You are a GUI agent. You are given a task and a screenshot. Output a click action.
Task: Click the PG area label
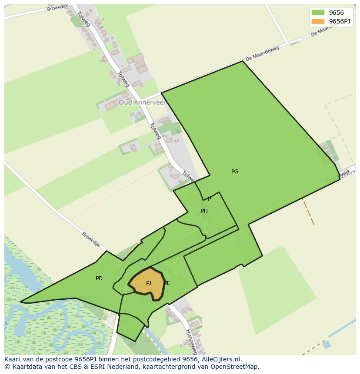pos(235,172)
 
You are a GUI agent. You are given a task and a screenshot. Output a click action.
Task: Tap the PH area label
pos(204,211)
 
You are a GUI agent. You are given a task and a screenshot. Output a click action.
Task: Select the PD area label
pos(99,278)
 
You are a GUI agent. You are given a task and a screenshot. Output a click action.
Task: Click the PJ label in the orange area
pos(149,283)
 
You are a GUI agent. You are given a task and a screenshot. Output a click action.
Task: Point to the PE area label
pos(167,283)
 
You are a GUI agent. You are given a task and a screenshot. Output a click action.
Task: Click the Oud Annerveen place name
pos(143,103)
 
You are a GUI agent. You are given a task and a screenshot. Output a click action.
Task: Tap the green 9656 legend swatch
pos(318,13)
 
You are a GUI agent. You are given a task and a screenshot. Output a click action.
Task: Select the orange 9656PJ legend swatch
pos(318,21)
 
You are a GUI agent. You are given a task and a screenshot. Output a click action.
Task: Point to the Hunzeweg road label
pos(191,341)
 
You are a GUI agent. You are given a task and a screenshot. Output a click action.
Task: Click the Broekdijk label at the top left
pos(58,9)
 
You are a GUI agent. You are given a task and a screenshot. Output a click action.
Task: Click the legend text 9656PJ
pos(339,21)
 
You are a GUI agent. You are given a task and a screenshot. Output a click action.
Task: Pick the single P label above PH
pos(209,199)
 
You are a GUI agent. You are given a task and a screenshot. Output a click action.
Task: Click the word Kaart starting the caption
pos(13,359)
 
